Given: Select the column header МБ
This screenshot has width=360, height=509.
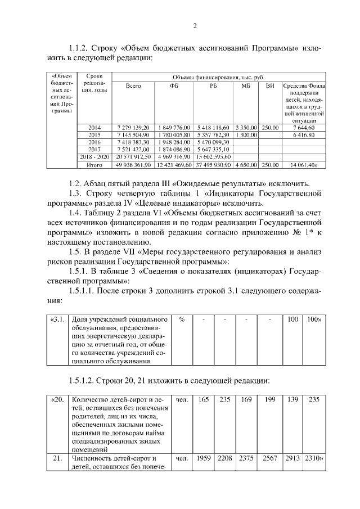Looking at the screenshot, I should tap(245, 85).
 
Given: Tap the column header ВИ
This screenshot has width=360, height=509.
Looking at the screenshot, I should tap(270, 85).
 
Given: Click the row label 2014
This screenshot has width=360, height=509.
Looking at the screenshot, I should tap(94, 128).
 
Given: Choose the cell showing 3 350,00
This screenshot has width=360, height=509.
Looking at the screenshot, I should tap(245, 128).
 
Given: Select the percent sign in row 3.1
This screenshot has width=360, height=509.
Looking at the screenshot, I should tap(182, 319).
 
